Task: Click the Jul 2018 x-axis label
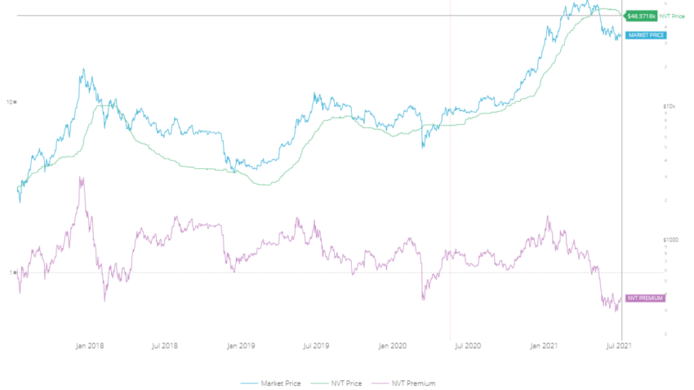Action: coord(165,346)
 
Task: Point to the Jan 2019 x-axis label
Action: coord(241,346)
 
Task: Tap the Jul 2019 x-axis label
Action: coord(317,346)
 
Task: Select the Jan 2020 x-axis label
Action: coord(392,346)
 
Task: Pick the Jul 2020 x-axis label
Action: coord(468,346)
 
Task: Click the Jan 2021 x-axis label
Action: coord(544,346)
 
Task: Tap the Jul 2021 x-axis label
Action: coord(619,346)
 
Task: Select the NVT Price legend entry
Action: coord(344,384)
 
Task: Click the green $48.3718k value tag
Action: coord(640,15)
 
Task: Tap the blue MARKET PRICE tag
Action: coord(646,35)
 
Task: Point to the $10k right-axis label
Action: coord(668,106)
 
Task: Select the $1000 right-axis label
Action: coord(669,239)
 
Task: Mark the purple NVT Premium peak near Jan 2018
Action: coord(81,178)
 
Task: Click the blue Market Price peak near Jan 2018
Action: coord(83,69)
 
